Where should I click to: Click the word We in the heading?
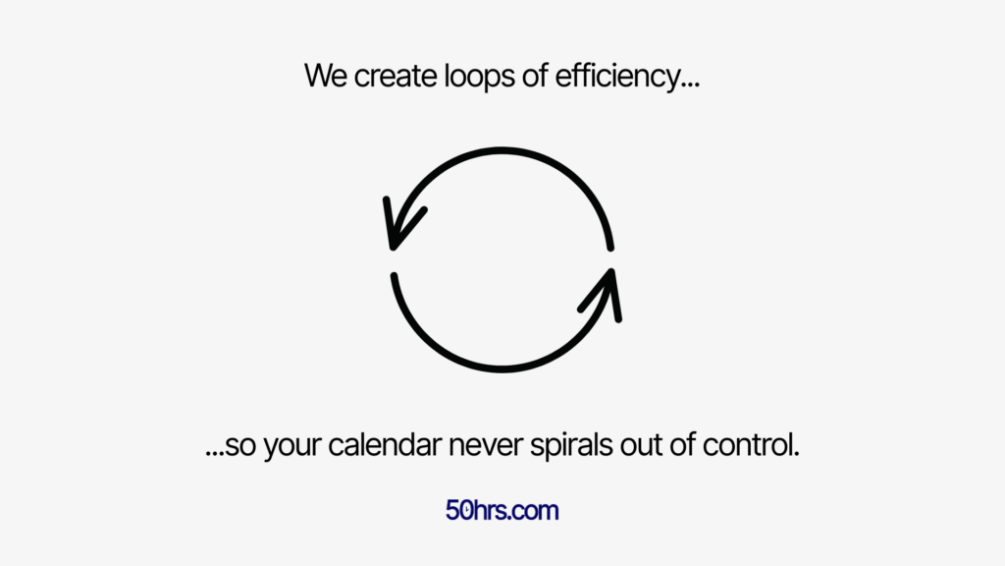326,76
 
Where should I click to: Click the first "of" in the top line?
533,76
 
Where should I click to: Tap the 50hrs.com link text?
502,511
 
